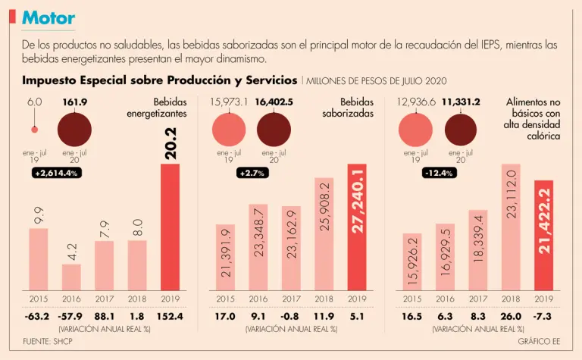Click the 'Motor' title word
click(48, 17)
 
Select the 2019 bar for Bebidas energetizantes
click(171, 227)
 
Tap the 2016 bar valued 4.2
click(71, 277)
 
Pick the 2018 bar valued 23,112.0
click(512, 227)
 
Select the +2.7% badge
click(249, 174)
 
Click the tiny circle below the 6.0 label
click(33, 129)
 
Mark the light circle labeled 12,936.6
click(415, 129)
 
